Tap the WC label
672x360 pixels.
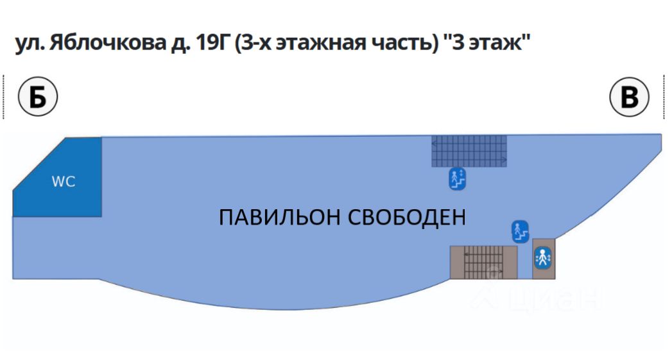click(64, 182)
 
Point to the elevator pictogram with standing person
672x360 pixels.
click(542, 259)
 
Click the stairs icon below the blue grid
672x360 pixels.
click(457, 179)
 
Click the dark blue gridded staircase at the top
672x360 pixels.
click(469, 151)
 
